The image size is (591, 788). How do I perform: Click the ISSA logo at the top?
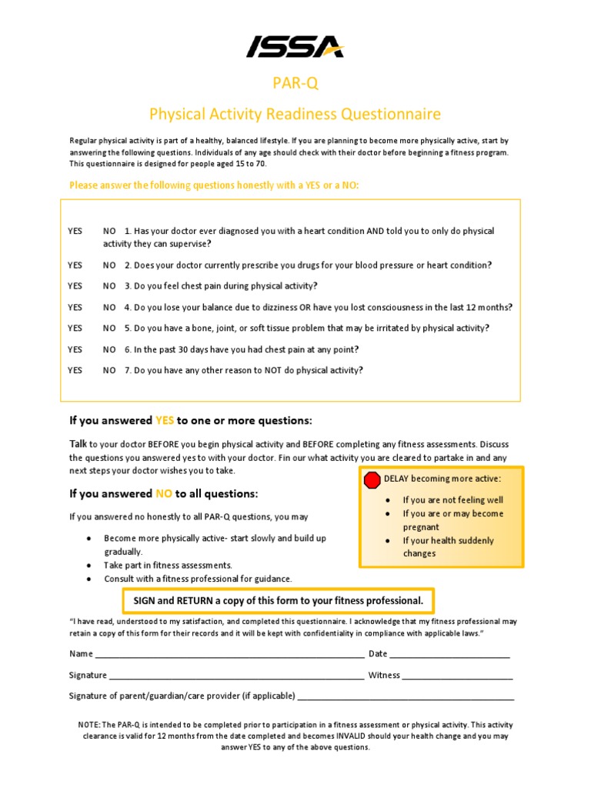click(x=295, y=48)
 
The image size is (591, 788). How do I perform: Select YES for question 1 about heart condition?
click(x=75, y=231)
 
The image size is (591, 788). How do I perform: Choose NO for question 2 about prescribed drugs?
click(x=109, y=265)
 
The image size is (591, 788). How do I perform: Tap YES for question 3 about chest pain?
click(x=75, y=285)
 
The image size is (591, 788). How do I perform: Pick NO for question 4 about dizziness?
click(x=109, y=307)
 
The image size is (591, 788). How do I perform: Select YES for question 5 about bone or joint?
click(x=75, y=328)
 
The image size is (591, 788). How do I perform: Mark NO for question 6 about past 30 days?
click(x=109, y=349)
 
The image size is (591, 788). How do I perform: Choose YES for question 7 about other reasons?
click(x=75, y=370)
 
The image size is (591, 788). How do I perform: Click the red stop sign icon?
click(x=372, y=480)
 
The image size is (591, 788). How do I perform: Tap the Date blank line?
click(x=449, y=655)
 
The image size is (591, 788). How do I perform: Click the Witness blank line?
click(x=457, y=676)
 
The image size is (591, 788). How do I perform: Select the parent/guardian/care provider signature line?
click(x=406, y=697)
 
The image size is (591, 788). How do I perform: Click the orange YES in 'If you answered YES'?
click(x=165, y=421)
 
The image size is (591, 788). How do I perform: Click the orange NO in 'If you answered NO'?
click(x=164, y=493)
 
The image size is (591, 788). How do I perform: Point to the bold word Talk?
click(x=78, y=444)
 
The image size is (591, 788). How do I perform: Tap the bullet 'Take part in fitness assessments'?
click(x=168, y=565)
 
